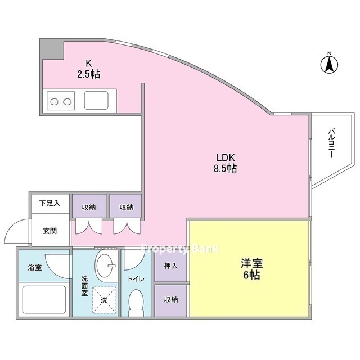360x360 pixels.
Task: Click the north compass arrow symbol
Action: (329, 64)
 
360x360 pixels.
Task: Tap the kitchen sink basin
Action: (96, 100)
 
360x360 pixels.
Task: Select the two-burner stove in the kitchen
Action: (61, 101)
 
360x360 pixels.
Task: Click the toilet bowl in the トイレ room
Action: (136, 303)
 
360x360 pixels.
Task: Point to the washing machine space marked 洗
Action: (104, 300)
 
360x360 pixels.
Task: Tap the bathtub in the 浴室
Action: (44, 299)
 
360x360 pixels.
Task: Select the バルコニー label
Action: (331, 143)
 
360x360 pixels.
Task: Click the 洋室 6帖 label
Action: (252, 269)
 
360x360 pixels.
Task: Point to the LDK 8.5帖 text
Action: (225, 163)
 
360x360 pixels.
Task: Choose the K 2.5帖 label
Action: (89, 69)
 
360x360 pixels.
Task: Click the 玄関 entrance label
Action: (50, 231)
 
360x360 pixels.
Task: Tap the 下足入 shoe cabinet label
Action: (49, 203)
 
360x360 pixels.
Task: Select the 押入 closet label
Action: (171, 265)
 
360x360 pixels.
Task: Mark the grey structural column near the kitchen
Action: (52, 49)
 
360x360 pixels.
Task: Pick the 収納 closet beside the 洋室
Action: (171, 300)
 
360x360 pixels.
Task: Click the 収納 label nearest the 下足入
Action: (89, 208)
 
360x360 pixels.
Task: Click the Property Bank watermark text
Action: (180, 249)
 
